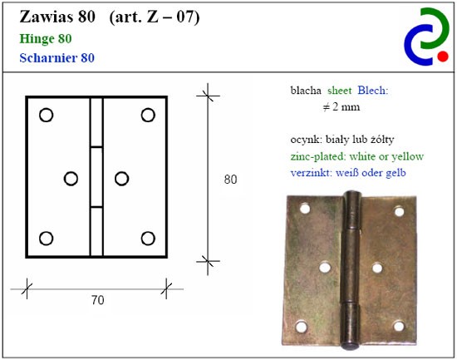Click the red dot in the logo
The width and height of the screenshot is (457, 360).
point(443,57)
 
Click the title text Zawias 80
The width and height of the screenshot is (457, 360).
point(57,17)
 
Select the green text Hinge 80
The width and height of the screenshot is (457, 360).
point(46,39)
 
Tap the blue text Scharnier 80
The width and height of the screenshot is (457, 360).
point(57,57)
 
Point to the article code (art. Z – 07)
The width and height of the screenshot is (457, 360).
point(155,17)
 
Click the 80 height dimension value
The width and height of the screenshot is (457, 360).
point(230,179)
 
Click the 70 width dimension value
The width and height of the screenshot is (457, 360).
point(98,300)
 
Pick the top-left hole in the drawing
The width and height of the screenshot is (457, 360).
point(46,115)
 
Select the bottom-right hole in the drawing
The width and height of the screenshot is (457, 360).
point(148,239)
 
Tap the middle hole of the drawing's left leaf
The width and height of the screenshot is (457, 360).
point(71,179)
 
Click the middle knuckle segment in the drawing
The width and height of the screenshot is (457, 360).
point(96,177)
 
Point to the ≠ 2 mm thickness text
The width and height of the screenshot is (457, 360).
point(342,107)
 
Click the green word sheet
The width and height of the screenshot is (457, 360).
point(340,91)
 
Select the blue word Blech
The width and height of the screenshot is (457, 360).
point(373,91)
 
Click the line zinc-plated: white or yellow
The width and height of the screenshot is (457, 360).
point(357,156)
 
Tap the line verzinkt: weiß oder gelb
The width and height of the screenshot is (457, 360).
point(348,173)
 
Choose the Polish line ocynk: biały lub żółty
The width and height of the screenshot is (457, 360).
point(342,140)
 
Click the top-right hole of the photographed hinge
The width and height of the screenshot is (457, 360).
point(400,211)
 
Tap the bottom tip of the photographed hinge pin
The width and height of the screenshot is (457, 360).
point(351,347)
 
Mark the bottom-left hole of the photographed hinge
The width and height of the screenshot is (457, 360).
point(302,327)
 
